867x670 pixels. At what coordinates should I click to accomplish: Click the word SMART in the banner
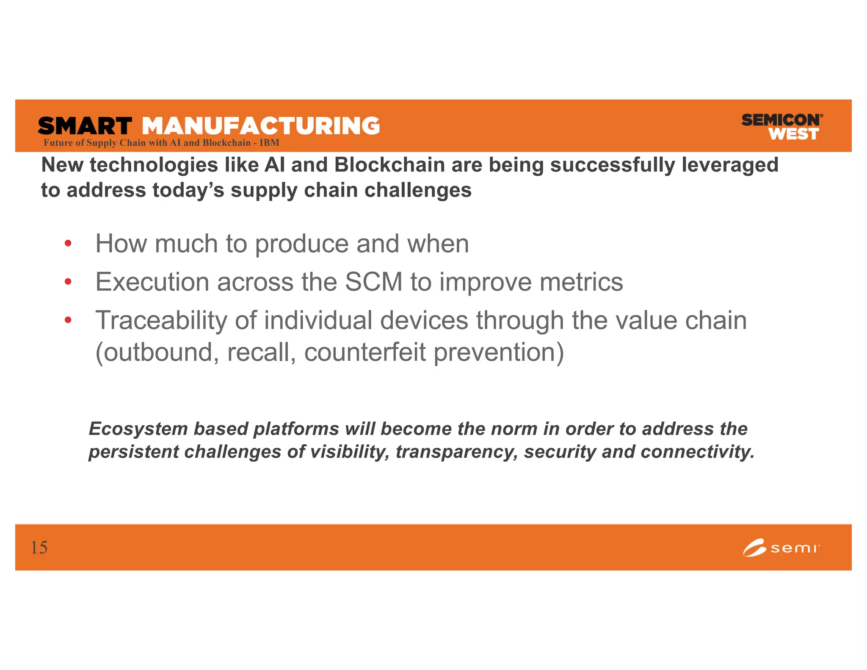pyautogui.click(x=85, y=126)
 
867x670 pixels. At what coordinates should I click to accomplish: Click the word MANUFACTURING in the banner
pyautogui.click(x=261, y=126)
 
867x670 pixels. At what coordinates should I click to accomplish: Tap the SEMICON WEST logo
pyautogui.click(x=781, y=127)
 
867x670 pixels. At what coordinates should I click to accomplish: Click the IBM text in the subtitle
pyautogui.click(x=269, y=143)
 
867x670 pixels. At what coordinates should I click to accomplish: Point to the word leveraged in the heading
pyautogui.click(x=730, y=165)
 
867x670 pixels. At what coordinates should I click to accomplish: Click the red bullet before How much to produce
pyautogui.click(x=68, y=244)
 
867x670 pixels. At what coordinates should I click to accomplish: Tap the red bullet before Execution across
pyautogui.click(x=68, y=282)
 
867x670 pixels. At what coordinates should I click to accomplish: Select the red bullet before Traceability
pyautogui.click(x=68, y=320)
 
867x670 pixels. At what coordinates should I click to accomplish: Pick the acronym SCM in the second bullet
pyautogui.click(x=373, y=282)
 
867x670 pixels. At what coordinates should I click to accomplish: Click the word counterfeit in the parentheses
pyautogui.click(x=365, y=352)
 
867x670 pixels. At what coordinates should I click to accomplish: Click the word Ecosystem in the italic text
pyautogui.click(x=138, y=429)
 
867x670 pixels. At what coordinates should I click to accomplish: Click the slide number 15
pyautogui.click(x=39, y=548)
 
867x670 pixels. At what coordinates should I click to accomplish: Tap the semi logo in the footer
pyautogui.click(x=781, y=548)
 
